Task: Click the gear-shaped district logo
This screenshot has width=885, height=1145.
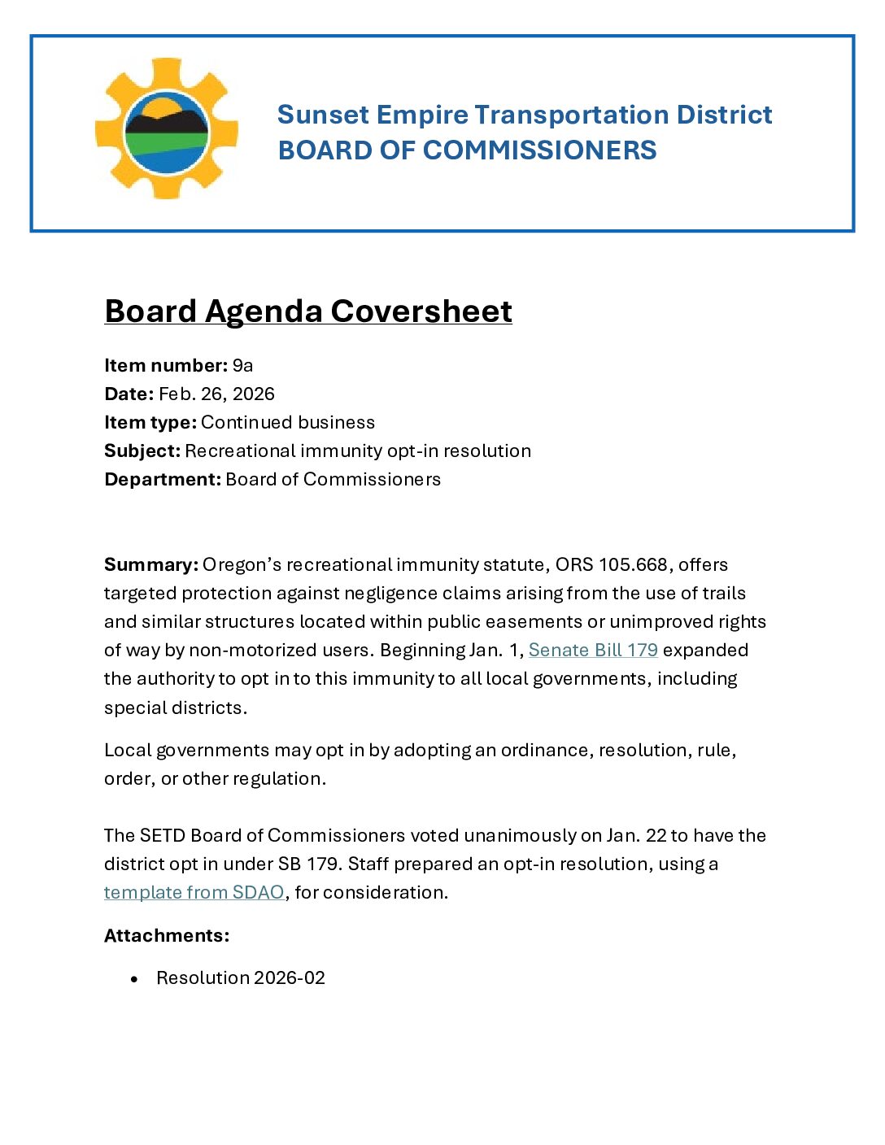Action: tap(167, 128)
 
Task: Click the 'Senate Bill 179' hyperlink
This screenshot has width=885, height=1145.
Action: tap(593, 650)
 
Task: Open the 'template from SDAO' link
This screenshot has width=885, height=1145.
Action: tap(194, 892)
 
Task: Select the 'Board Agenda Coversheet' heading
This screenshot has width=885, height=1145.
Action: tap(308, 311)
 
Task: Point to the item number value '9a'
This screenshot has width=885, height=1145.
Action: tap(242, 365)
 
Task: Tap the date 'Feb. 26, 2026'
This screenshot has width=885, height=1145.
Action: tap(216, 394)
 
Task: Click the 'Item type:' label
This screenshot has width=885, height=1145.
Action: tap(150, 422)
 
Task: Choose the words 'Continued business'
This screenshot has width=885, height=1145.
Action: tap(288, 422)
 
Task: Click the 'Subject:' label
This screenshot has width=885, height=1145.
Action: tap(142, 451)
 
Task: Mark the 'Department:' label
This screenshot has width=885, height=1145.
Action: tap(163, 479)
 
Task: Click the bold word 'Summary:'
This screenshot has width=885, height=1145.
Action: tap(151, 564)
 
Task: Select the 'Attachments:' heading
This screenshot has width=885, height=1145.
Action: tap(167, 935)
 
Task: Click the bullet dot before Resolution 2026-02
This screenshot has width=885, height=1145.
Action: tap(134, 979)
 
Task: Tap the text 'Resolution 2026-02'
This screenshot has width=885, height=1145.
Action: tap(241, 977)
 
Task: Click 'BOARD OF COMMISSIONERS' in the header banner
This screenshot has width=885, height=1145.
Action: tap(467, 150)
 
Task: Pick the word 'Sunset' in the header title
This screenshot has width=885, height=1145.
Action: tap(323, 115)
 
